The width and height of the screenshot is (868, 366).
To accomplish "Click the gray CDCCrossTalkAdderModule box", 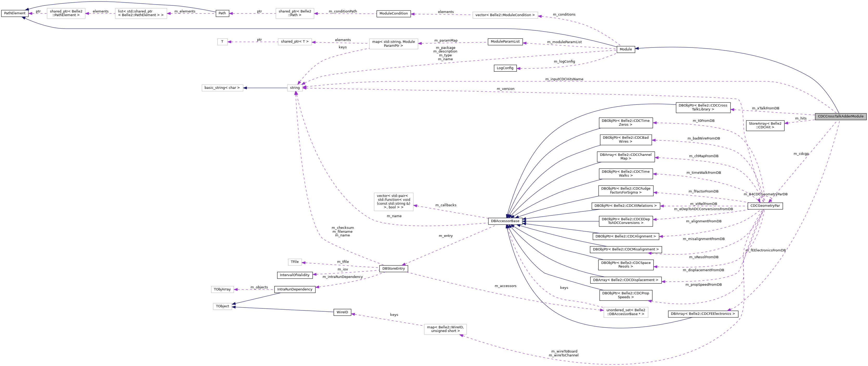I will [x=840, y=116].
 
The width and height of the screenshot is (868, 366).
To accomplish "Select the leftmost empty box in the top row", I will [x=66, y=14].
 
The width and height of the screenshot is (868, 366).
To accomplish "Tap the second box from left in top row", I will [x=141, y=14].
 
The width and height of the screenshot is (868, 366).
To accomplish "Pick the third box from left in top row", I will [x=295, y=14].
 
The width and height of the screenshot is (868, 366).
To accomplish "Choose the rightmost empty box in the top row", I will [x=505, y=15].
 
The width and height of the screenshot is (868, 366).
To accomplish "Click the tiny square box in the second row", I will [x=222, y=42].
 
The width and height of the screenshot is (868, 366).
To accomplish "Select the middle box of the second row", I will [x=295, y=42].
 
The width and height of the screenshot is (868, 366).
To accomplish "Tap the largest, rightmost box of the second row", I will [x=393, y=44].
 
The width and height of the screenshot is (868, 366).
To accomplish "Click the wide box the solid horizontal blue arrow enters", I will [x=222, y=88].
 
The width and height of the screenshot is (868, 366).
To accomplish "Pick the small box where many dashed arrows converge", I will [x=295, y=88].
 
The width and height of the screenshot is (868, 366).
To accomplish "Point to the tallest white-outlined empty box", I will [x=393, y=202].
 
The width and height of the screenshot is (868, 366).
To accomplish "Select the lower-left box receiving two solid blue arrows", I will [x=222, y=307].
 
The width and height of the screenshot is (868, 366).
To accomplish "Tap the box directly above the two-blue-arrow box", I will [x=222, y=290].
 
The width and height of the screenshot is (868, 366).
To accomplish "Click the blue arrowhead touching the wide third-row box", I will [x=245, y=88].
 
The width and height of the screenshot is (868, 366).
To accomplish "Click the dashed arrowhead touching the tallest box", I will [x=415, y=205].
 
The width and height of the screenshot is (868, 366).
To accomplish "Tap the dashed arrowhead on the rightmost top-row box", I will [x=540, y=16].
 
